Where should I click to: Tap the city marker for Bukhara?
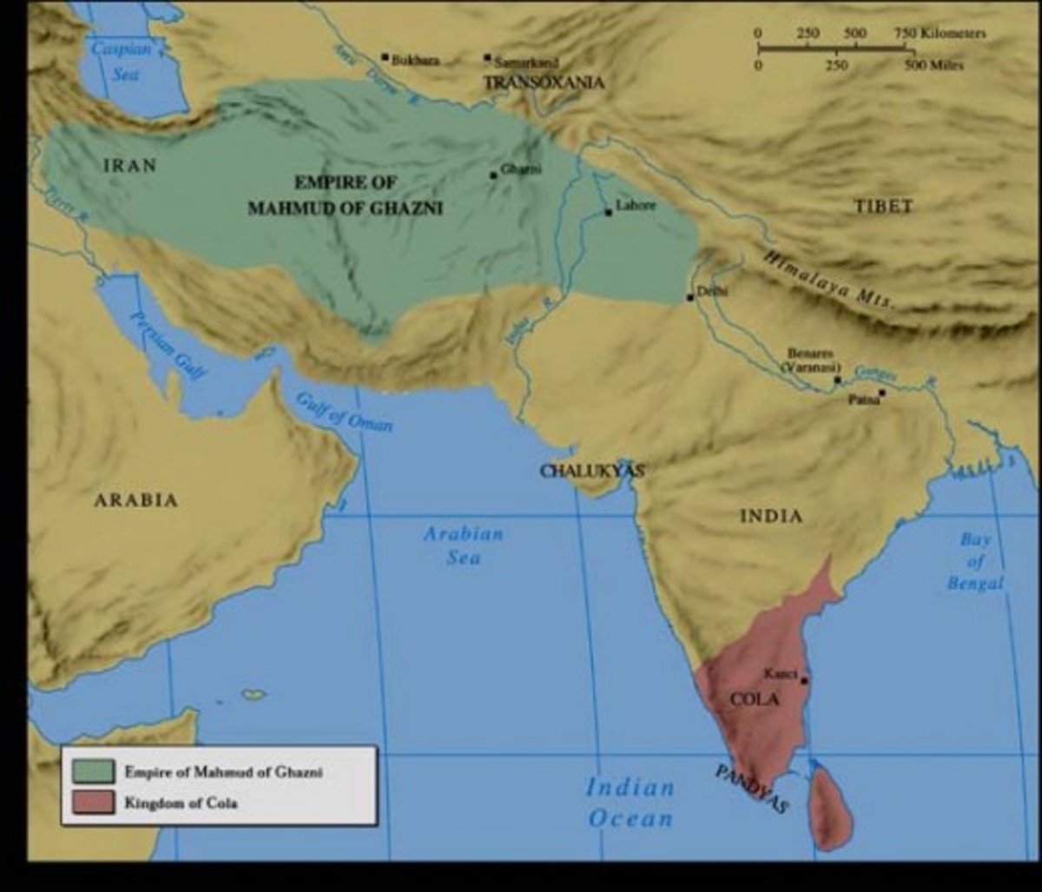pos(385,57)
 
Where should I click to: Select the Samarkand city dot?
pos(488,58)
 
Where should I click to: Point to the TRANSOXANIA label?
pos(544,83)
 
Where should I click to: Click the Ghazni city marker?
pos(493,175)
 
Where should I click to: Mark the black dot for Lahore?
pos(609,212)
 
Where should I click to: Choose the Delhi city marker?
pos(690,297)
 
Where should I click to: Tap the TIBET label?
pos(883,206)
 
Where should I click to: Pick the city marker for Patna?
pos(881,393)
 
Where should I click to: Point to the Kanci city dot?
pos(804,680)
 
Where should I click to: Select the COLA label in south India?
pos(755,699)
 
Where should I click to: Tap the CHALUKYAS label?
pos(592,471)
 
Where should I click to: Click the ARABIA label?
pos(135,500)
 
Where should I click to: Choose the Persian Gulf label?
pos(168,344)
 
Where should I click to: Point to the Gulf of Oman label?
pos(345,412)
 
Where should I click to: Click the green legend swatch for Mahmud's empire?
pos(93,770)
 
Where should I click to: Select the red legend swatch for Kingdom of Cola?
pos(93,803)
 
